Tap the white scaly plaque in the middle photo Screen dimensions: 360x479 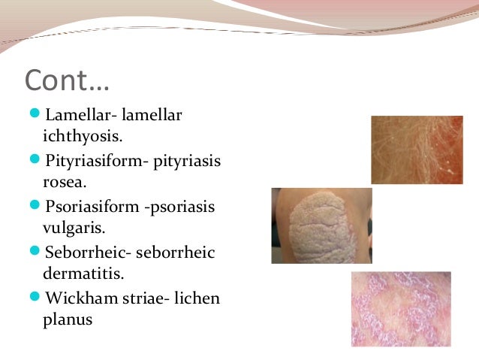pyautogui.click(x=315, y=225)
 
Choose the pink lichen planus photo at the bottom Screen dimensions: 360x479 pyautogui.click(x=401, y=309)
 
